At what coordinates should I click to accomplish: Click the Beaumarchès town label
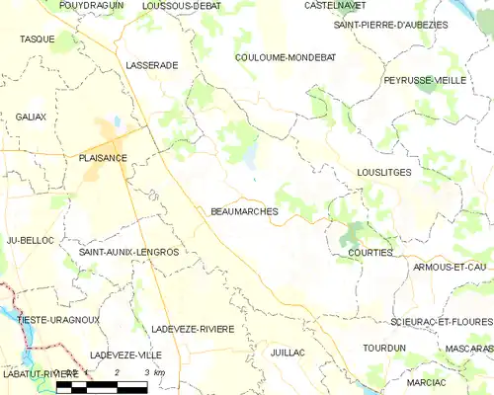click(244, 211)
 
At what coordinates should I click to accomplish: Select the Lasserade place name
click(152, 64)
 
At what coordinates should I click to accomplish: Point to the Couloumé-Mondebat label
click(286, 57)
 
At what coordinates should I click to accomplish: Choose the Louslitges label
click(384, 172)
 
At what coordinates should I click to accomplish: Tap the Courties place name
click(370, 253)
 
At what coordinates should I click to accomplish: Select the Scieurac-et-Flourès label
click(441, 322)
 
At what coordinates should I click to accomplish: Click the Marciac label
click(426, 382)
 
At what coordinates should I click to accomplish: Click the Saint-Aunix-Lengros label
click(128, 252)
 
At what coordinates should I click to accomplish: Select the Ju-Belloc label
click(29, 240)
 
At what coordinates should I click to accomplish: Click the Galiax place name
click(31, 117)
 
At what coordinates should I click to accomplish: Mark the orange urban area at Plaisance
click(107, 138)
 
